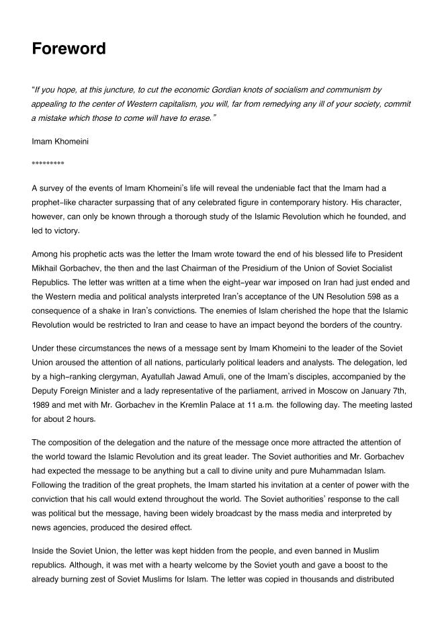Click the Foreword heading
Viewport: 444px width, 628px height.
click(x=69, y=49)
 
